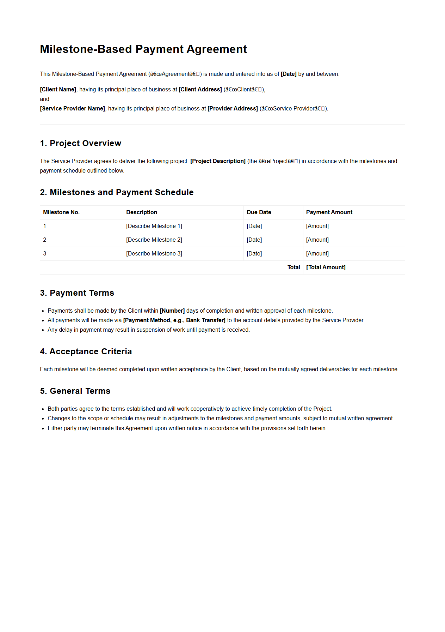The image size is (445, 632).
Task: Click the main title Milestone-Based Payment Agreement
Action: pos(143,49)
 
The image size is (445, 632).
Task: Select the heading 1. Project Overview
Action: pos(80,143)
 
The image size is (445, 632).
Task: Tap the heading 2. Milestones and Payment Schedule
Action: pos(117,192)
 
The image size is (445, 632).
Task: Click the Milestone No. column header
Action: pos(61,212)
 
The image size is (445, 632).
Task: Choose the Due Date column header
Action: pos(259,212)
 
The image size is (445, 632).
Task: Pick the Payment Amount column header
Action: pos(329,212)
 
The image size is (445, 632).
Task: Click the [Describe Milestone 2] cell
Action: pos(154,240)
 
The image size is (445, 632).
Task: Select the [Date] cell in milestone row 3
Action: pos(254,253)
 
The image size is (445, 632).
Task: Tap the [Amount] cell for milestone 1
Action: pos(317,226)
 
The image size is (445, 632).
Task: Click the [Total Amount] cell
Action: pos(326,267)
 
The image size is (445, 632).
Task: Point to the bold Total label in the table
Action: pos(293,267)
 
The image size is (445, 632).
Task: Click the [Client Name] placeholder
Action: pos(58,89)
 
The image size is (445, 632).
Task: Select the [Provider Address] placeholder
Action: pos(233,108)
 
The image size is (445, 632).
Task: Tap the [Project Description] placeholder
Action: pos(218,161)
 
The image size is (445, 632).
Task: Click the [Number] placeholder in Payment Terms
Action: pos(172,311)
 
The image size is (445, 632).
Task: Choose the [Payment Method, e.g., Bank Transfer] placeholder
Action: pos(174,320)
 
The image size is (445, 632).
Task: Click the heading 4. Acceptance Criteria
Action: pos(86,351)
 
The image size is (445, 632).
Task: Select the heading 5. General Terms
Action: pos(75,391)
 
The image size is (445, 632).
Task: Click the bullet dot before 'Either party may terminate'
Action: pos(43,428)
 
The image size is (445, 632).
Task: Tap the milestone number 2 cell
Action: pos(45,240)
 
